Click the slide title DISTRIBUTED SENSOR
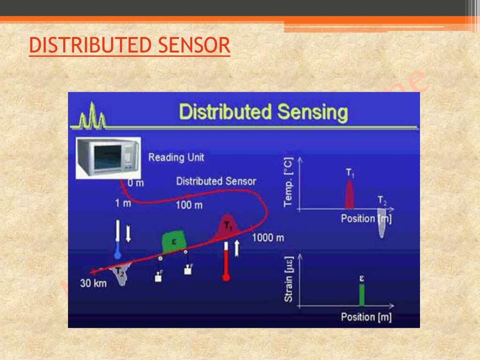129,46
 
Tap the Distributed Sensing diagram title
264,112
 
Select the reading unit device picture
108,157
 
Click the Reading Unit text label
176,157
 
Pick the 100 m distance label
189,205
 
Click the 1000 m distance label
268,238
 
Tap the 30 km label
93,283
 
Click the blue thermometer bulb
118,255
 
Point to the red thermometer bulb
226,277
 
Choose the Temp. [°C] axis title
288,182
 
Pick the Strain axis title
289,279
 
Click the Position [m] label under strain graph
366,317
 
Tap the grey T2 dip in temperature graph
382,225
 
